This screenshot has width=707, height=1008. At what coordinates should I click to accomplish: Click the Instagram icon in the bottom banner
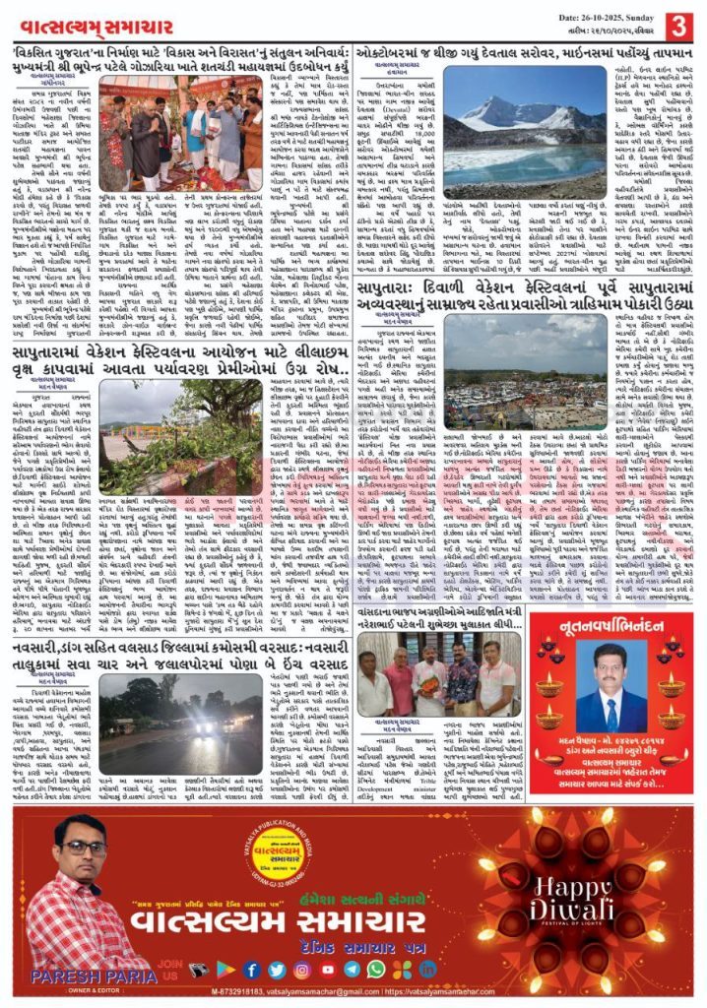[301, 970]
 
